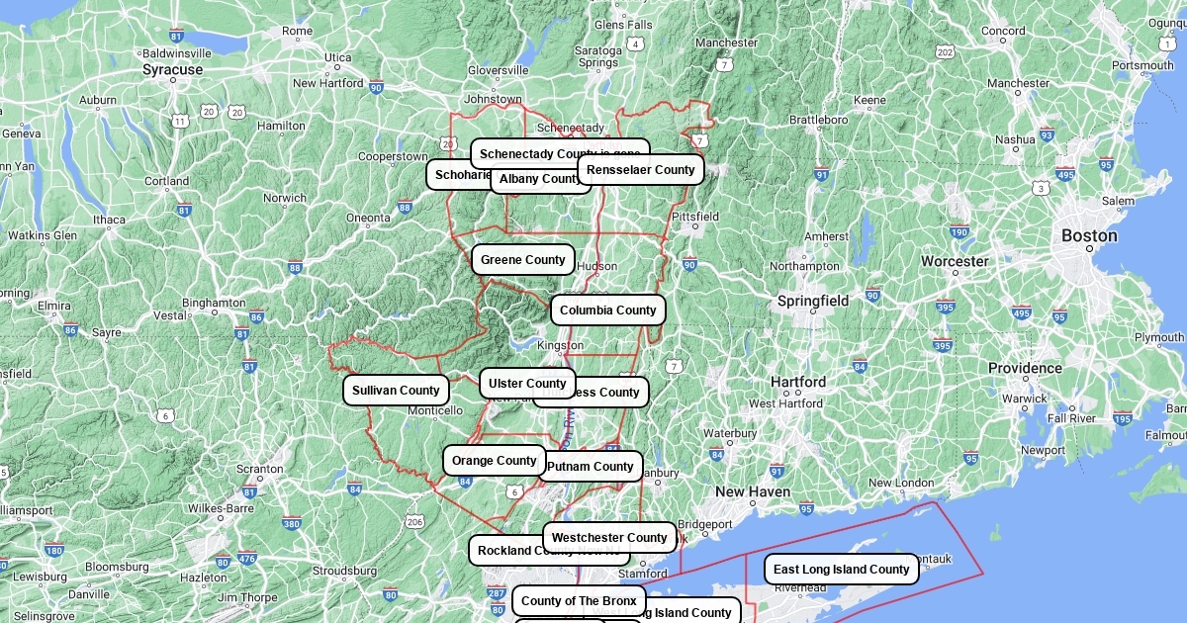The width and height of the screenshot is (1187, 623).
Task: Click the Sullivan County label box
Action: [x=396, y=391]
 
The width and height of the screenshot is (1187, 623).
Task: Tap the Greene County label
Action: [x=522, y=260]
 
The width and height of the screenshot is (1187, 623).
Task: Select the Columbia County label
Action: [x=607, y=311]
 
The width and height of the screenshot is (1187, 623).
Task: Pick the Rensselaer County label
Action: [x=640, y=170]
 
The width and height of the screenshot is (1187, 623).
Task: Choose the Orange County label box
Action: [x=494, y=461]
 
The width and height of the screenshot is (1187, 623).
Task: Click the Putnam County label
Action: [x=591, y=467]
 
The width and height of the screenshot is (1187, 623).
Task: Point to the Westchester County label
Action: [x=609, y=538]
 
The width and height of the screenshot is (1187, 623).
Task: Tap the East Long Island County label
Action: [x=841, y=570]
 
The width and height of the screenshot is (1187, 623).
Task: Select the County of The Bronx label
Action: [x=579, y=601]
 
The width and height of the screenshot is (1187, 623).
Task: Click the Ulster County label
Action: [x=527, y=384]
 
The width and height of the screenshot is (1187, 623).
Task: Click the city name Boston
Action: [x=1089, y=236]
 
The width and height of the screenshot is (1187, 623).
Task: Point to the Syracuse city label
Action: [x=172, y=70]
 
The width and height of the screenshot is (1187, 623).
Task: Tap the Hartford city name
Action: [x=798, y=383]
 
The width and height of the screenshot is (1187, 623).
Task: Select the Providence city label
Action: [x=1025, y=369]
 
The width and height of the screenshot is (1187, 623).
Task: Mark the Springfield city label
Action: [x=813, y=301]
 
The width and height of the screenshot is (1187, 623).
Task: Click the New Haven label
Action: [x=753, y=492]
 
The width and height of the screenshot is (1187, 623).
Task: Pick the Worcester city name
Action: [x=955, y=262]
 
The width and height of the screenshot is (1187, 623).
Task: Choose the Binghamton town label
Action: [x=214, y=303]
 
